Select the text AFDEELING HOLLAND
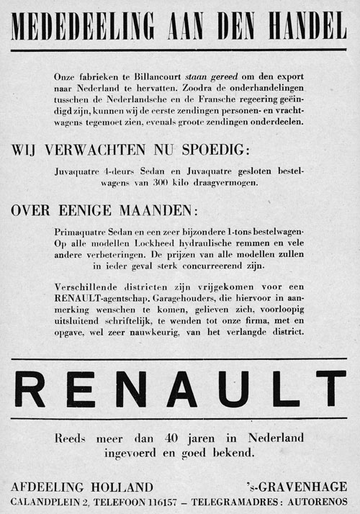coord(83,486)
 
